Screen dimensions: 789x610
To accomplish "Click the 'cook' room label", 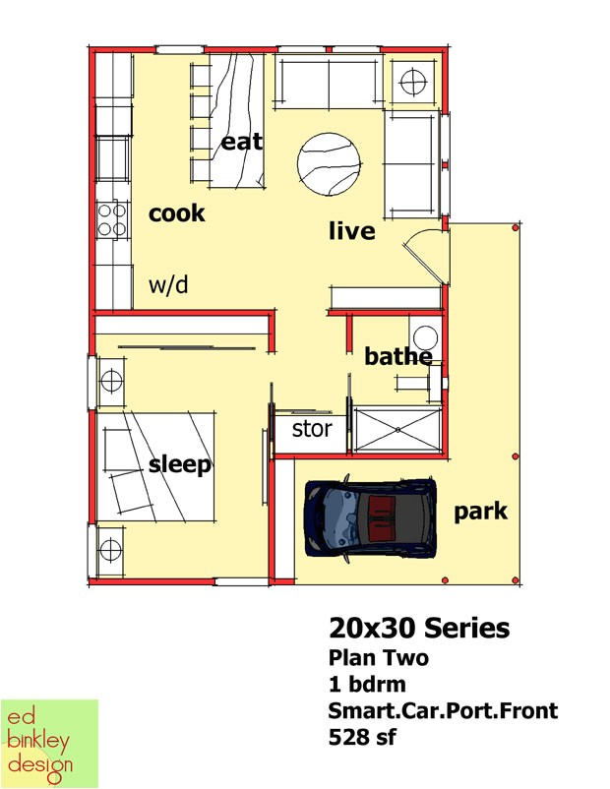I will coord(177,212).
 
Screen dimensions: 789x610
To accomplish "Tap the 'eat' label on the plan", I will coord(241,142).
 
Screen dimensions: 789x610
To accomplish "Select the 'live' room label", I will coord(351,231).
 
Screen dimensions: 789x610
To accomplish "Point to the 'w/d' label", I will coord(168,285).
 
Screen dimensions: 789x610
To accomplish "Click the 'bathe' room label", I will coord(397,356).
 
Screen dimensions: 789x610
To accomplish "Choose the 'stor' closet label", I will coord(312,429).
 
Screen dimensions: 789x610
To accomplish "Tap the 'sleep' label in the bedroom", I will coord(180,463).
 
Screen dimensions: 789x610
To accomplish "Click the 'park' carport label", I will coord(481,511).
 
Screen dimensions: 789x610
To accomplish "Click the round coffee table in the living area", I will coord(328,164).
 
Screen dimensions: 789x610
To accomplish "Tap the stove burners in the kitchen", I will coord(113,218).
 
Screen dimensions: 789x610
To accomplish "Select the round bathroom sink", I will coord(425,336).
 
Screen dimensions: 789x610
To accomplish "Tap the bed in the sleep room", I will coord(157,465).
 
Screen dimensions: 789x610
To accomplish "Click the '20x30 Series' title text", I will coord(419,628).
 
